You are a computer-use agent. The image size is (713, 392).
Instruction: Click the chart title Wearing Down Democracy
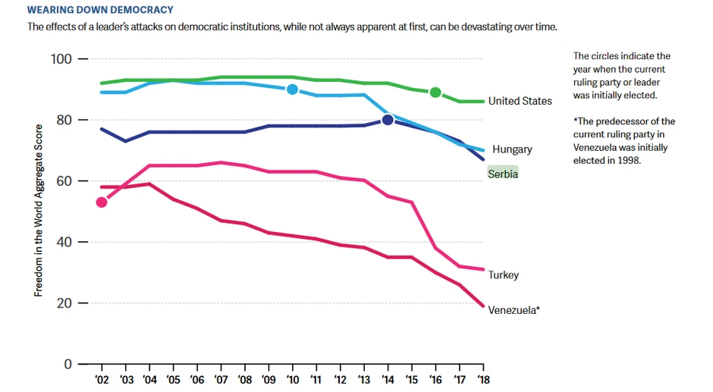[100, 11]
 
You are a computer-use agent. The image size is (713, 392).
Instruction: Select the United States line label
[520, 101]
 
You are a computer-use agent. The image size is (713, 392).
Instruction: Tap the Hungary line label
[512, 149]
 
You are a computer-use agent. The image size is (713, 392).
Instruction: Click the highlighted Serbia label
[503, 174]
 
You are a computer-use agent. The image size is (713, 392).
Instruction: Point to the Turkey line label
[504, 274]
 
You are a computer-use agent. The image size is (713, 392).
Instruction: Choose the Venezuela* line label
[514, 309]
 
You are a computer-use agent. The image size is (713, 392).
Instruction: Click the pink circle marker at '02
[102, 202]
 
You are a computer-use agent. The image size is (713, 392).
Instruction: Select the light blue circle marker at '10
[293, 89]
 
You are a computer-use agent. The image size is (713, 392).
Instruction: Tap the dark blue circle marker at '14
[388, 120]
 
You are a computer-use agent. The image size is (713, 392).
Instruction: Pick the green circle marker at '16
[435, 93]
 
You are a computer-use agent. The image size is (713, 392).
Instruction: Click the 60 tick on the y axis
[64, 181]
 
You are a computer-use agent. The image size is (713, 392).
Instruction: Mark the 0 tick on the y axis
[67, 364]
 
